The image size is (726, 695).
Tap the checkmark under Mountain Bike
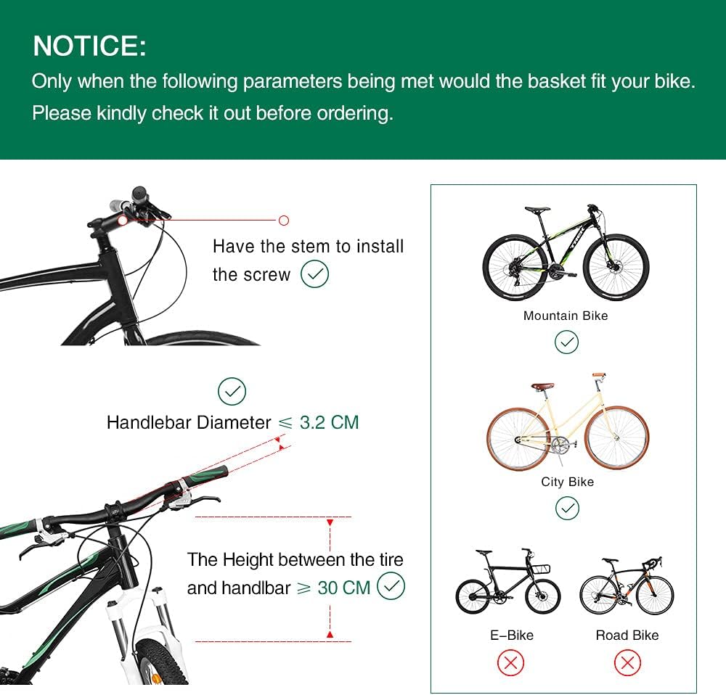(x=566, y=342)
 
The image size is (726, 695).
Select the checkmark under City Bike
(x=567, y=509)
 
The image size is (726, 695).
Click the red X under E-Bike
(x=511, y=662)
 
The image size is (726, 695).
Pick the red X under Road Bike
(x=627, y=662)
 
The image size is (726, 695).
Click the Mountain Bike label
(x=566, y=316)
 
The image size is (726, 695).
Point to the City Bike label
(x=567, y=482)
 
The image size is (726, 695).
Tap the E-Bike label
(x=511, y=635)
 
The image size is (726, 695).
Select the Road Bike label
(x=627, y=635)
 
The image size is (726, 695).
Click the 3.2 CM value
(x=329, y=422)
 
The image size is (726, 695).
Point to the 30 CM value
(x=344, y=588)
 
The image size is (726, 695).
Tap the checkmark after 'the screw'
(x=314, y=274)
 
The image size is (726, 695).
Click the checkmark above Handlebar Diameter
(x=232, y=391)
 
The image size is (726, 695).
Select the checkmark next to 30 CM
(x=391, y=586)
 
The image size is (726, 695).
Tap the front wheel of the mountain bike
(x=616, y=266)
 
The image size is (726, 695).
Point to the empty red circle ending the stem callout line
(x=284, y=220)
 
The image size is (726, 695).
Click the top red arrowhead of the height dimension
(x=330, y=522)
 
